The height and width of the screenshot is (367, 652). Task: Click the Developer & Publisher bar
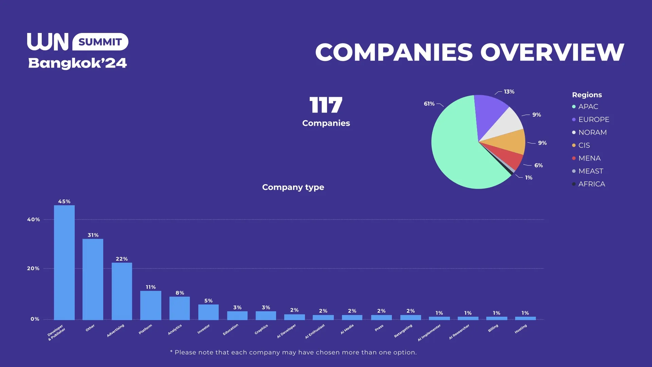[64, 262]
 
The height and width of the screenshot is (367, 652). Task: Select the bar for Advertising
[122, 291]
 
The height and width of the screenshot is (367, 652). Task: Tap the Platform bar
[150, 305]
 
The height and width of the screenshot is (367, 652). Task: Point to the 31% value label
[93, 235]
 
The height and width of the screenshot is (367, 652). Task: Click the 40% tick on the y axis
[33, 220]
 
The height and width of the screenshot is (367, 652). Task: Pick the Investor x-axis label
[204, 329]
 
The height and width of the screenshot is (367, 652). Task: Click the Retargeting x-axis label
[403, 331]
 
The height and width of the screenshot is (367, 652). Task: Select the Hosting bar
[525, 318]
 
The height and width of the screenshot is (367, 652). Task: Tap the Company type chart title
[293, 187]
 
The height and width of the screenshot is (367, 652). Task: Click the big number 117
[326, 105]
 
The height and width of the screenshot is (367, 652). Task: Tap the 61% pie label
[429, 104]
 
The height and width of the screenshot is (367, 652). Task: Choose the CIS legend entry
[584, 145]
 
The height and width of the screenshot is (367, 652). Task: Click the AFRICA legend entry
[592, 184]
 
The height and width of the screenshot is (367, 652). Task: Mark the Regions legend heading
[587, 95]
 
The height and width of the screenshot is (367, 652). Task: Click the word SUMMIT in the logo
[100, 42]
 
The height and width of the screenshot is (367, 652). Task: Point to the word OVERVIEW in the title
[552, 52]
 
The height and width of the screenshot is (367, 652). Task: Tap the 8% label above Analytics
[180, 293]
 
